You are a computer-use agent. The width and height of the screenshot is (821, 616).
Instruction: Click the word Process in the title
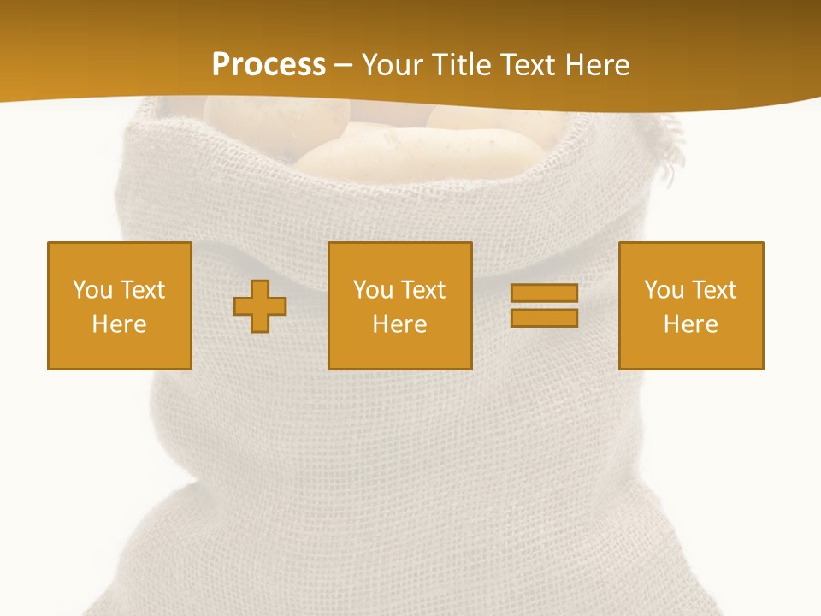coord(269,65)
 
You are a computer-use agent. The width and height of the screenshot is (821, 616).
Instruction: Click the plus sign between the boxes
coord(260,305)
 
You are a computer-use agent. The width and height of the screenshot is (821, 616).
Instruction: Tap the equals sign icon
coord(544,305)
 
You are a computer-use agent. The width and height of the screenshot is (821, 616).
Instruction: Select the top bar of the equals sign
coord(544,293)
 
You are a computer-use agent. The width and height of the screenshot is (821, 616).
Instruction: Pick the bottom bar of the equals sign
coord(544,317)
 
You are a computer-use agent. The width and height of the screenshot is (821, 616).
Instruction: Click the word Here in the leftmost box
coord(119,324)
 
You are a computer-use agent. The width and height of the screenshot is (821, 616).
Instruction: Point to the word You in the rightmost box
coord(664,290)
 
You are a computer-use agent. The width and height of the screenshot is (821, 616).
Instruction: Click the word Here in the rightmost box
coord(690,324)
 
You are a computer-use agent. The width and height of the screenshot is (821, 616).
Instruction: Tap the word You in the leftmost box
coord(92,290)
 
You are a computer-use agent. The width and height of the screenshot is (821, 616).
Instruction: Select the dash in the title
coord(343,65)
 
